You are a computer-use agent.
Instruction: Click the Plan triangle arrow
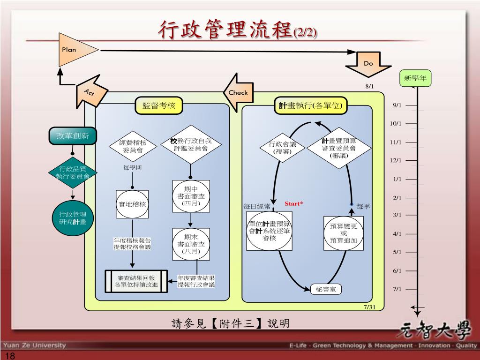(75, 50)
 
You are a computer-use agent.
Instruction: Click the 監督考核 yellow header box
(159, 105)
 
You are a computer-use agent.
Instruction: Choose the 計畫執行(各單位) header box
(311, 105)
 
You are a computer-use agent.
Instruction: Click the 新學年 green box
(415, 78)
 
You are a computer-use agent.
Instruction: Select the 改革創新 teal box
(73, 136)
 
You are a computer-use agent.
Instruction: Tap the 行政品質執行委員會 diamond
(73, 172)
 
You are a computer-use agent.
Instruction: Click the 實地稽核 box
(132, 204)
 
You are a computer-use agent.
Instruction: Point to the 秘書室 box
(326, 289)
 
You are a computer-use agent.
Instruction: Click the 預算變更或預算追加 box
(344, 233)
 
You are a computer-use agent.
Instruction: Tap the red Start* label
(294, 203)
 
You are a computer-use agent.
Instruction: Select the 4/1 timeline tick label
(397, 233)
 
